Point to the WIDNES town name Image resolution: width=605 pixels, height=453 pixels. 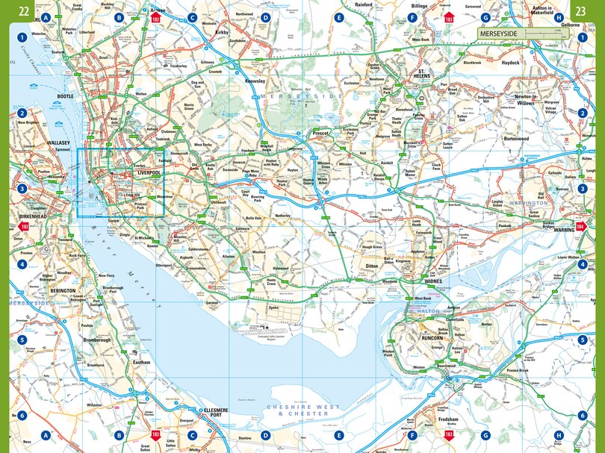(x=433, y=281)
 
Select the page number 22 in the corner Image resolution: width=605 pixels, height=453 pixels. (x=24, y=10)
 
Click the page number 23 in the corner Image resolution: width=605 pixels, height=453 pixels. (x=581, y=10)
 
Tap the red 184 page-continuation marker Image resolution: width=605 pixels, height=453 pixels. (x=581, y=226)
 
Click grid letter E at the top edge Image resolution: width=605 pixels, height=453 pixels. (x=339, y=17)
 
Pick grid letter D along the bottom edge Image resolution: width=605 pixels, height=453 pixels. (x=265, y=435)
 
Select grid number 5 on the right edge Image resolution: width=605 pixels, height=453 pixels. (x=582, y=340)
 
